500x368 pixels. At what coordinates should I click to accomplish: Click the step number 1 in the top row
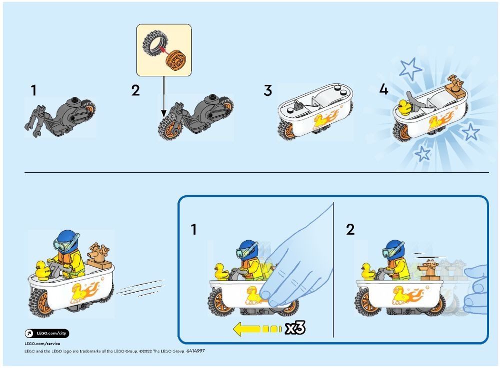point(33,90)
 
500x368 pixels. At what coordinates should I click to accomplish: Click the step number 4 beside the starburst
point(383,90)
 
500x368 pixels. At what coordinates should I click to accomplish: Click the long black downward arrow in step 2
point(164,95)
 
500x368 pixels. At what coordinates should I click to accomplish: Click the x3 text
point(294,328)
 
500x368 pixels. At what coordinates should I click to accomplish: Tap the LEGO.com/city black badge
point(47,333)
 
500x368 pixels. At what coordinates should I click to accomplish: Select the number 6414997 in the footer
point(195,351)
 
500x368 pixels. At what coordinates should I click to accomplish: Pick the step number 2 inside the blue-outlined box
point(350,229)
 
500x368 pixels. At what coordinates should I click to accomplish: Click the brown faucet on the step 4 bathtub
point(455,85)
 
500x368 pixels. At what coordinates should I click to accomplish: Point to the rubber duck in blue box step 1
point(220,271)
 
